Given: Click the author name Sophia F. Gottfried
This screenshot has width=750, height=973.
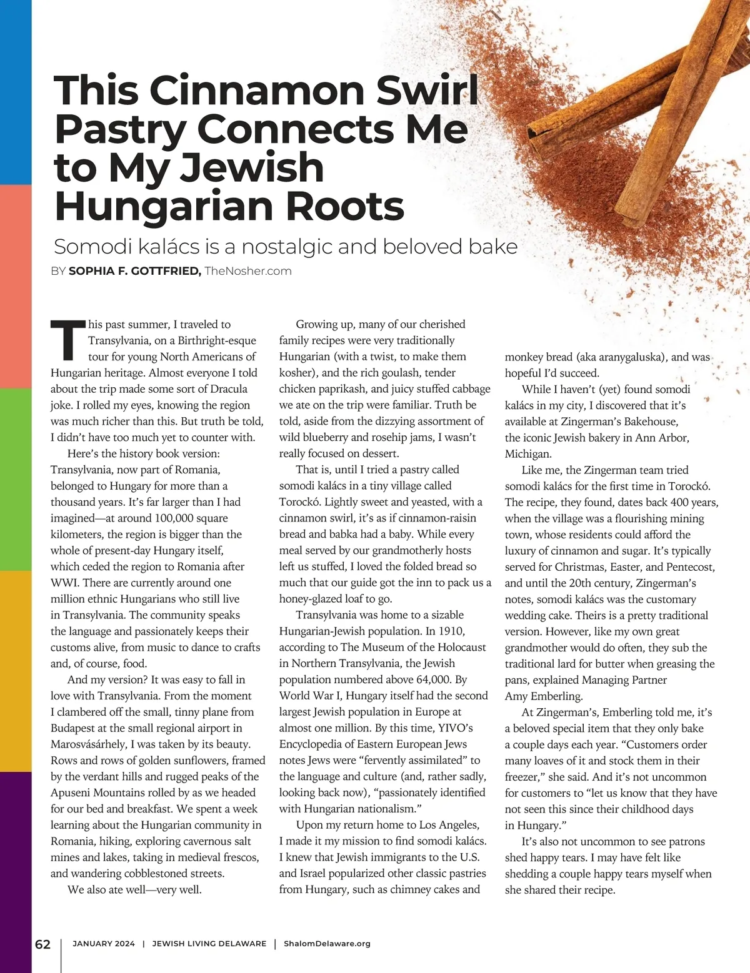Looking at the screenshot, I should click(134, 271).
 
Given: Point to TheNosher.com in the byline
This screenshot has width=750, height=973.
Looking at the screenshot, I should click(248, 271).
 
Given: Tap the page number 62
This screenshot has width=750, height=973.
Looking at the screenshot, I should click(42, 944).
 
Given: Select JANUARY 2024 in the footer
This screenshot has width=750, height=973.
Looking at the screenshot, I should click(104, 944).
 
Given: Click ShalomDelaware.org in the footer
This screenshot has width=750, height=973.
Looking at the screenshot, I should click(327, 944).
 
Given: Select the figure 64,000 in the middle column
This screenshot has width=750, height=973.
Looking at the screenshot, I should click(422, 679).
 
